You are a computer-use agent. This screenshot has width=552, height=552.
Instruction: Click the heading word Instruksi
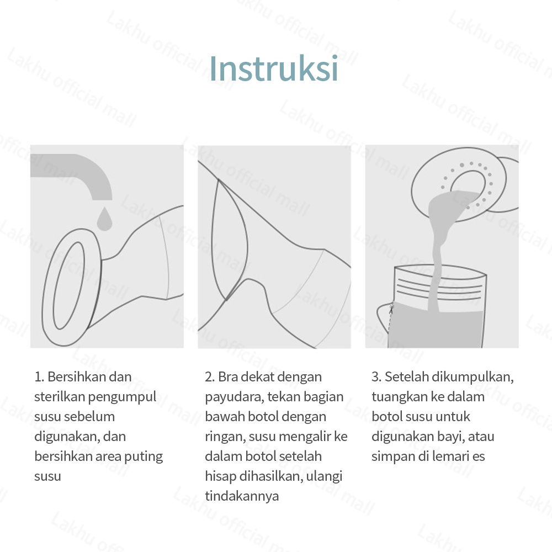click(274, 68)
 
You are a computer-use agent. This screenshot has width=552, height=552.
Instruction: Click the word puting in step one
click(145, 457)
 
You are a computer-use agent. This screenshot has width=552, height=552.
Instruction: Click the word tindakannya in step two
click(242, 496)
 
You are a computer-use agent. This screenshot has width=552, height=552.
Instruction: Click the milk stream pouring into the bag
click(436, 259)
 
